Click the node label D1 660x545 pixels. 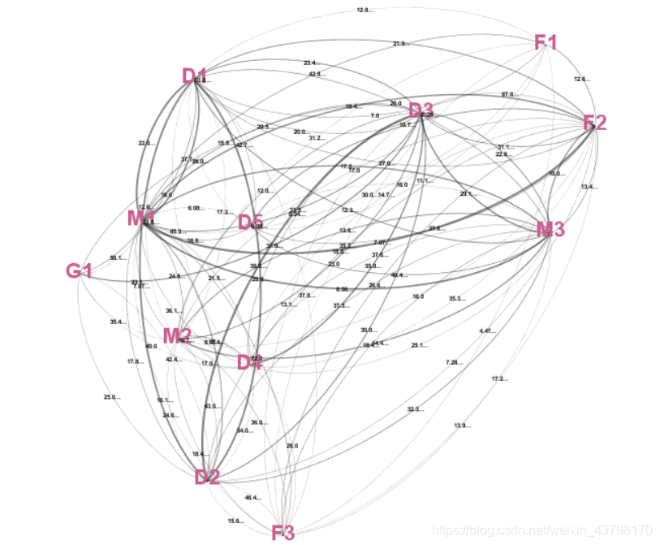click(195, 77)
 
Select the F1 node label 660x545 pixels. click(546, 42)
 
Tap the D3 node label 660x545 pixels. click(421, 111)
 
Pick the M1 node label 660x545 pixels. click(141, 218)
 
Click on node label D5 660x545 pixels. click(250, 222)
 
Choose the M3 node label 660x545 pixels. click(550, 230)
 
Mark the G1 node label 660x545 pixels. click(79, 270)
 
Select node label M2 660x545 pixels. click(176, 335)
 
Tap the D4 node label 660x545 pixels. click(249, 362)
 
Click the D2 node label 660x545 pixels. click(207, 477)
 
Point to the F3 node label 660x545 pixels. click(283, 533)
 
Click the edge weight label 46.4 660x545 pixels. click(252, 498)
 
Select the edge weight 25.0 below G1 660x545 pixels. click(111, 397)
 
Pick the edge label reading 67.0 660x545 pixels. click(508, 94)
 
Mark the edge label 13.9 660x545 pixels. click(462, 426)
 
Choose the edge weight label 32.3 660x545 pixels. click(415, 409)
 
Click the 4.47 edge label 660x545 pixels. click(487, 331)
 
